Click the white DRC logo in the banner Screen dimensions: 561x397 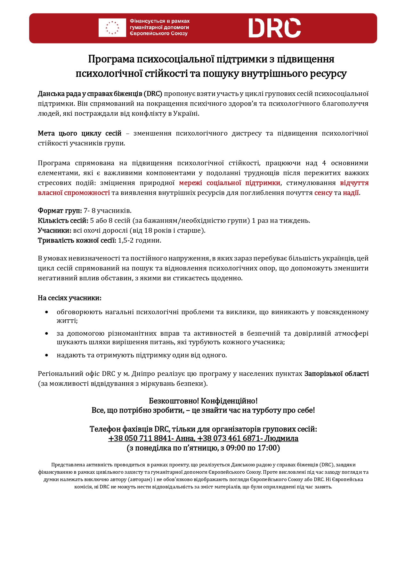274,28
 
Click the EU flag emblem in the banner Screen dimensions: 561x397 112,28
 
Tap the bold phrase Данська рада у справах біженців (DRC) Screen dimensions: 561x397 100,94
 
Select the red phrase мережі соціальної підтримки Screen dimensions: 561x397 229,183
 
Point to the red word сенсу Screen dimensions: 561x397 323,193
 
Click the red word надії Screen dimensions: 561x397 351,193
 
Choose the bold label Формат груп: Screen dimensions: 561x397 60,211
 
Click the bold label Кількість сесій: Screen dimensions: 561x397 63,221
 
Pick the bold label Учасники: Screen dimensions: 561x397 54,230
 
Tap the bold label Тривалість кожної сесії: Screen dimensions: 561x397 77,240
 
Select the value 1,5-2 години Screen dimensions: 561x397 140,240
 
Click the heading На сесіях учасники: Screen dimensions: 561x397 69,298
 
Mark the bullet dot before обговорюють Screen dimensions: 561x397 47,312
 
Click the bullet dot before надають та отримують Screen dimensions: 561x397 47,355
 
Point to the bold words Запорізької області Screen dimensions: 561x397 336,374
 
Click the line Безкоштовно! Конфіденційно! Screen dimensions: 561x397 203,401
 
